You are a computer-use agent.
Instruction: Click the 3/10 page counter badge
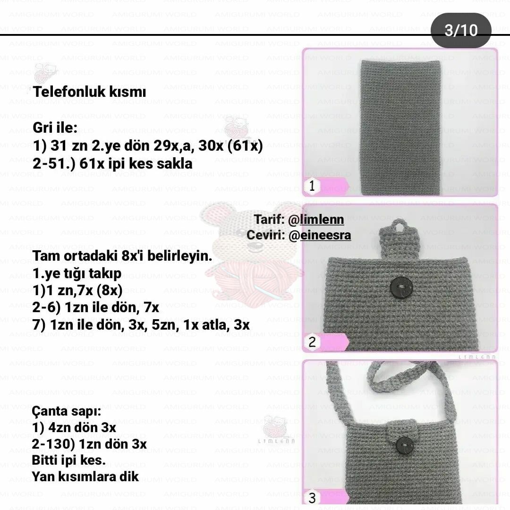pyautogui.click(x=461, y=30)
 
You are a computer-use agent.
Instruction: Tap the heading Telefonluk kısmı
pyautogui.click(x=89, y=92)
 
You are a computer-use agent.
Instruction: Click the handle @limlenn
pyautogui.click(x=316, y=220)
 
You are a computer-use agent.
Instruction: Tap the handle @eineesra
pyautogui.click(x=319, y=235)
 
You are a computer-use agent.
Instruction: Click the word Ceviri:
pyautogui.click(x=265, y=235)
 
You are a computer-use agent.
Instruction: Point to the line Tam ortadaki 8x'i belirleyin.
pyautogui.click(x=122, y=256)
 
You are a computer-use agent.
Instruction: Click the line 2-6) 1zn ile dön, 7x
pyautogui.click(x=96, y=308)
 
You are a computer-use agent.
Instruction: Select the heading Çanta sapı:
pyautogui.click(x=67, y=411)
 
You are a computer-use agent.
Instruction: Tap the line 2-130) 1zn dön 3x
pyautogui.click(x=89, y=444)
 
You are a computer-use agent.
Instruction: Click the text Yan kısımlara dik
pyautogui.click(x=85, y=476)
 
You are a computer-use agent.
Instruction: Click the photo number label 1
pyautogui.click(x=312, y=187)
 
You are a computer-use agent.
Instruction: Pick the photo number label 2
pyautogui.click(x=312, y=342)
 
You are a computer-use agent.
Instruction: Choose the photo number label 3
pyautogui.click(x=312, y=498)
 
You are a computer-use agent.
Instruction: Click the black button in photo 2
pyautogui.click(x=402, y=288)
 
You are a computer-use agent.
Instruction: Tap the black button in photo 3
pyautogui.click(x=405, y=445)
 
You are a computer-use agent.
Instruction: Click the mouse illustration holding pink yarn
pyautogui.click(x=250, y=255)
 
